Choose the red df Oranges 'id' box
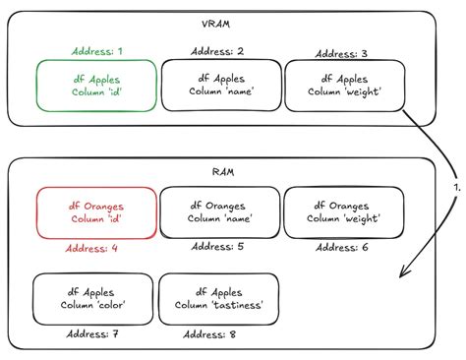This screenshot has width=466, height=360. (97, 211)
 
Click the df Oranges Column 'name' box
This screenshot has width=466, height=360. (220, 211)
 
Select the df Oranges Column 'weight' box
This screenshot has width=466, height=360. (344, 211)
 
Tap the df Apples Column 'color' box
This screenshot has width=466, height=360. (92, 299)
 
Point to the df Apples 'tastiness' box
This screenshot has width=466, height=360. (219, 299)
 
